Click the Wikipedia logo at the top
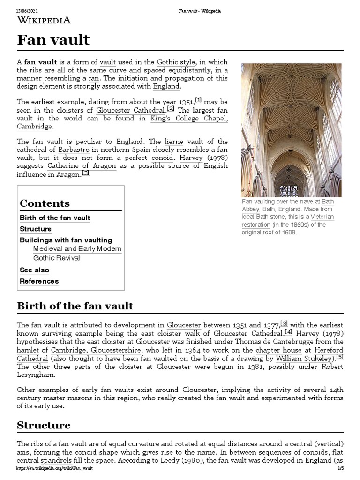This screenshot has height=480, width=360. coord(44,20)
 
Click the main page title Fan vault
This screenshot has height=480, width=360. coord(53,40)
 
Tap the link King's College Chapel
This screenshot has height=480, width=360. coord(189,119)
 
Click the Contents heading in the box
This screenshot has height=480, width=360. coord(45,203)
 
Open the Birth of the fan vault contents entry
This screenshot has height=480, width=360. coord(55,218)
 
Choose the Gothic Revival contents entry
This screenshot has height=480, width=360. coord(57,258)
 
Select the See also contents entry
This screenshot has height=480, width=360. coord(34,270)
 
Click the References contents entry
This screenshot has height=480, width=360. coord(39,281)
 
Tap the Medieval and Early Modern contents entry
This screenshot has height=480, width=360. coord(77,249)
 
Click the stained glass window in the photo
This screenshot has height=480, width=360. coord(289,190)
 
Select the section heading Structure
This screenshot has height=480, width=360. coord(44,426)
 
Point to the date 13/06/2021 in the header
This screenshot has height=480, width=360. coord(27,11)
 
